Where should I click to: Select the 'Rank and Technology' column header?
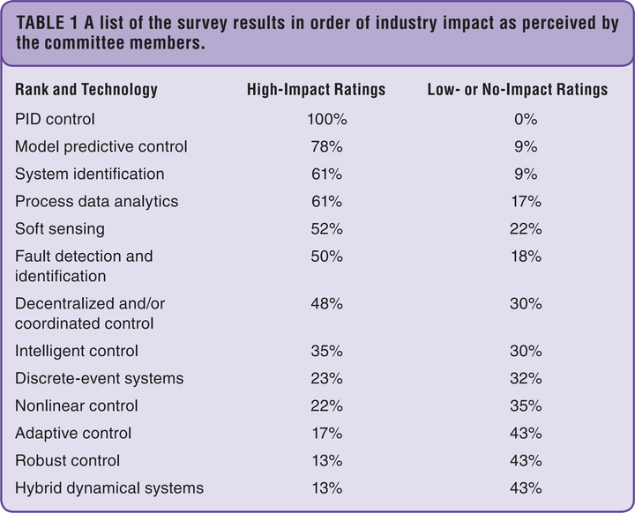click(86, 90)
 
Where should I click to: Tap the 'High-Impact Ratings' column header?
click(316, 90)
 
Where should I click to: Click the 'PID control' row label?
click(55, 118)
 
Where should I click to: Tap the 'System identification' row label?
click(89, 174)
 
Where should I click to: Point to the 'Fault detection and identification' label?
click(84, 265)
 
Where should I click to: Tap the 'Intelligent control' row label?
click(77, 351)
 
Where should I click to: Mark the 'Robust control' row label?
click(67, 460)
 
